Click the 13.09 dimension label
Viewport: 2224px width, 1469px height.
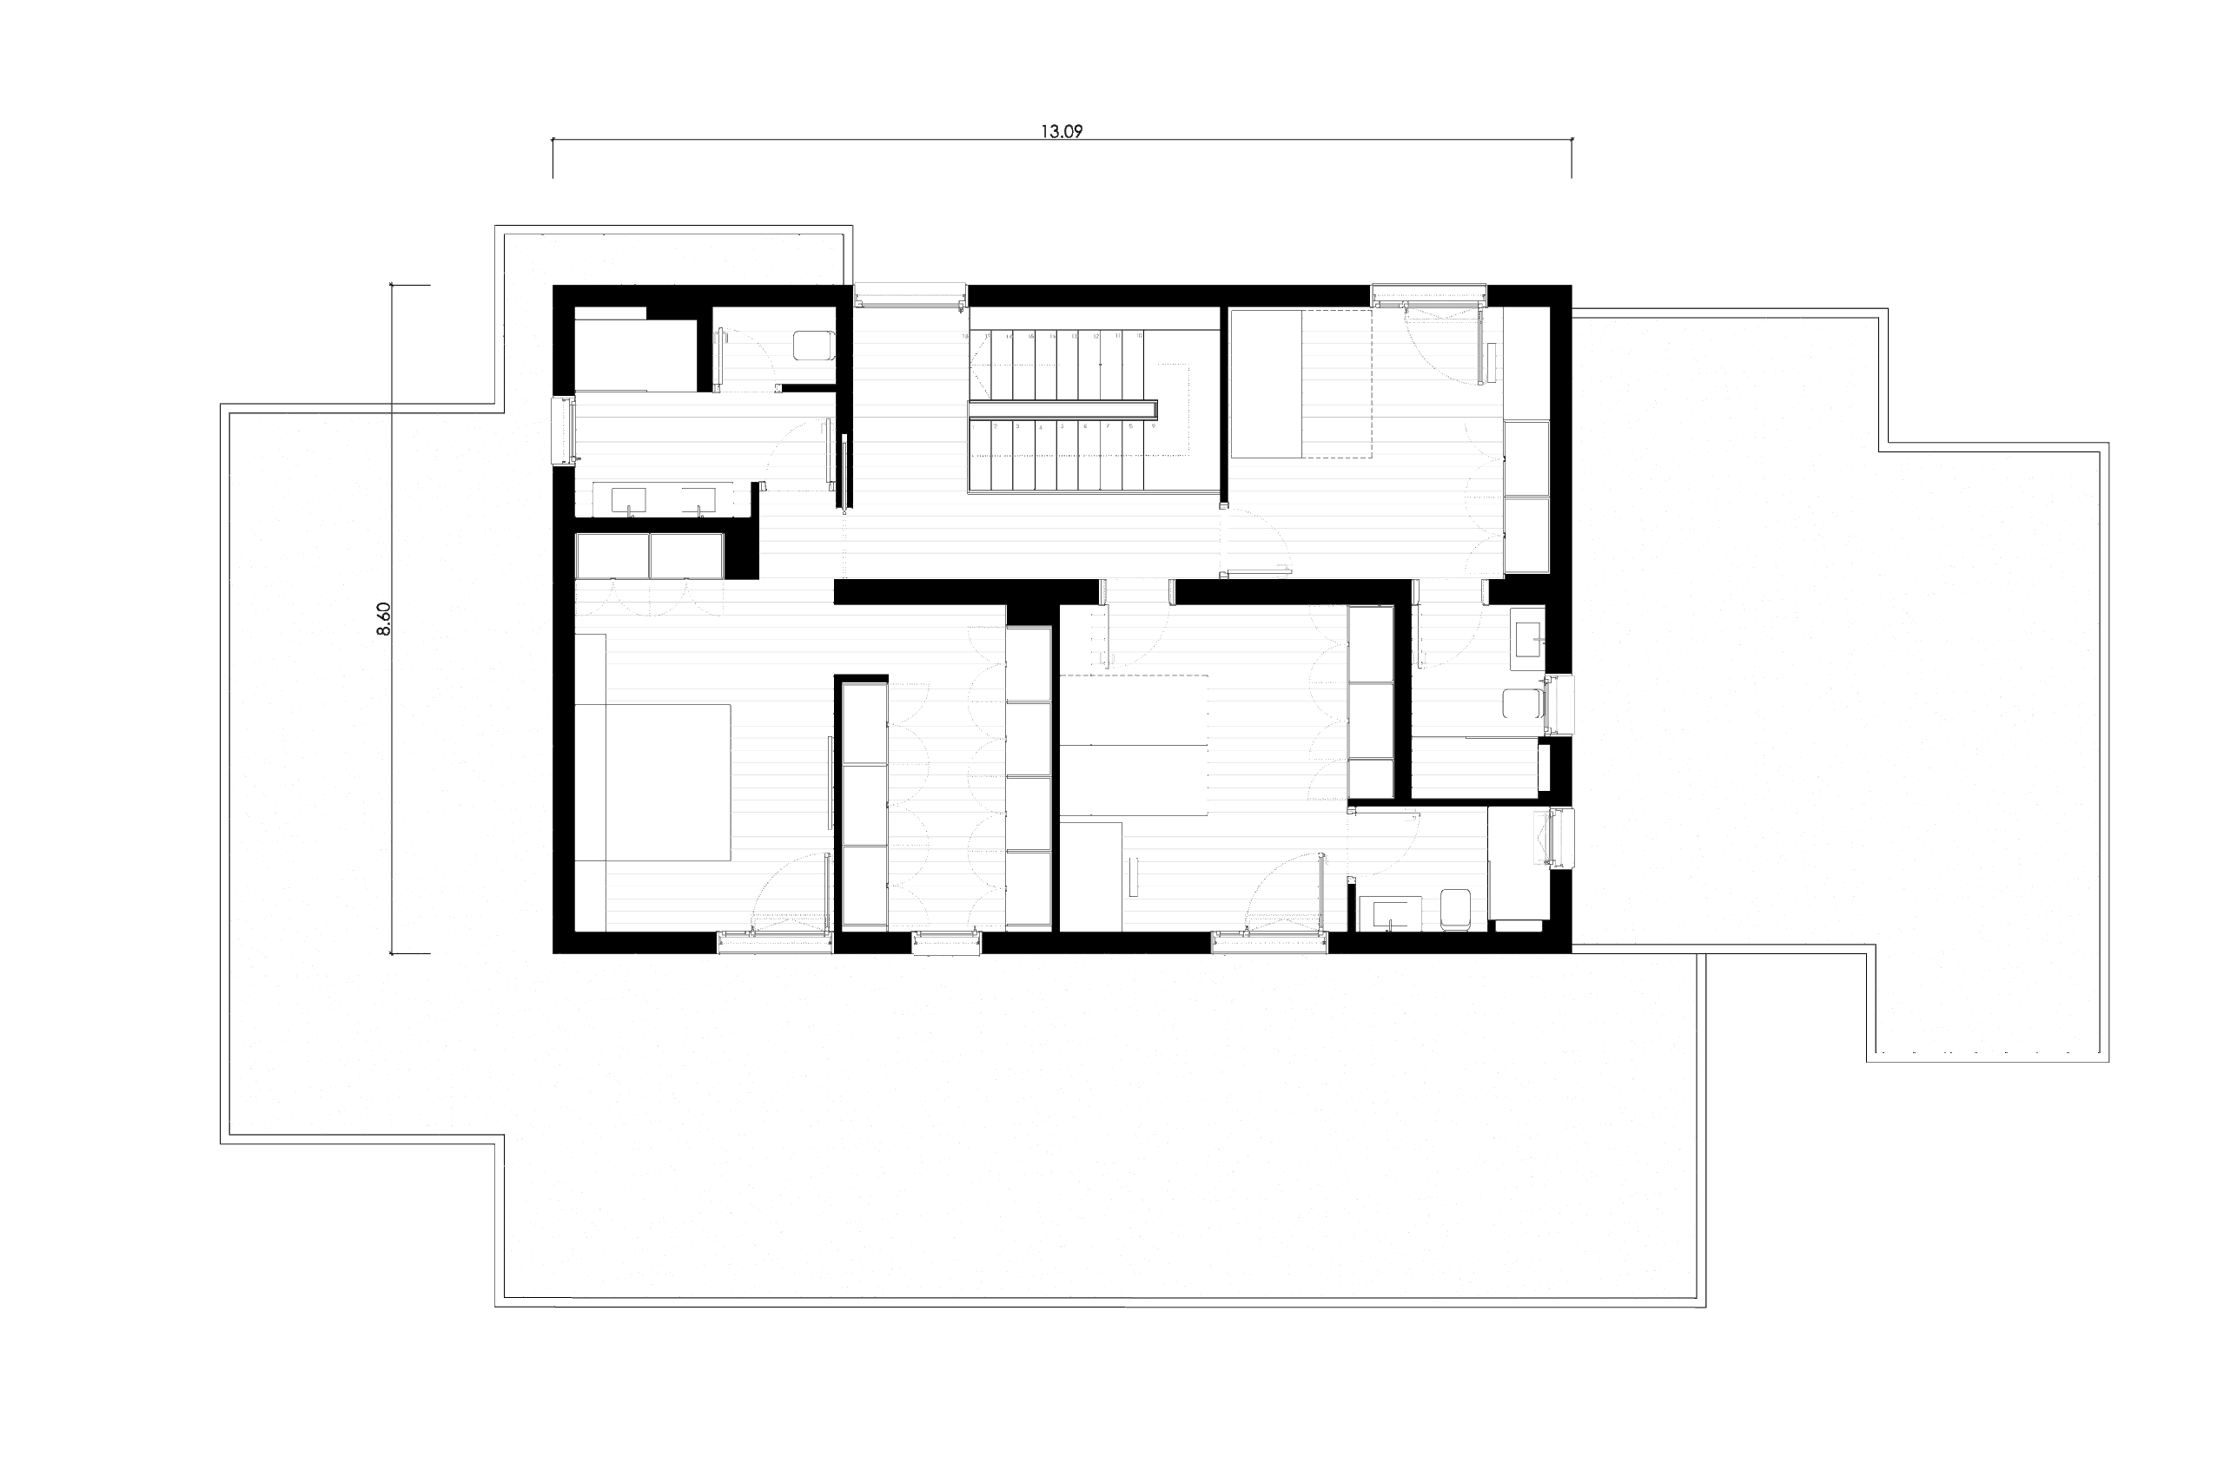coord(1061,132)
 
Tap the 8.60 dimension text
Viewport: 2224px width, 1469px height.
coord(383,619)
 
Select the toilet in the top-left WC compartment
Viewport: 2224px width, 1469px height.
coord(812,345)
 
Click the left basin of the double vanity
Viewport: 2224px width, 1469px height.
coord(627,501)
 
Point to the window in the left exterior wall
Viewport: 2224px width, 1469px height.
coord(564,430)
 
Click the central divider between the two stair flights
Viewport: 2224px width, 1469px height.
coord(1062,410)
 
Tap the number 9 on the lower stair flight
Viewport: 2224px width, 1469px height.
coord(1153,426)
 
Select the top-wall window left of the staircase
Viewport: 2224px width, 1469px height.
coord(909,294)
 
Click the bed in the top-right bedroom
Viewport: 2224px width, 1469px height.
coord(1299,384)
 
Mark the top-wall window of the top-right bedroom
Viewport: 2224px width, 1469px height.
coord(1428,294)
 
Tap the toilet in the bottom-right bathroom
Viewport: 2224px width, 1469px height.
coord(1454,910)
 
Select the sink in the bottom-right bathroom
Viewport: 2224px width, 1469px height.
coord(1395,912)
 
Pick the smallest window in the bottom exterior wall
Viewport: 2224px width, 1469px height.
coord(947,943)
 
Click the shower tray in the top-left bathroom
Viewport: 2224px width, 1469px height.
coord(635,356)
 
